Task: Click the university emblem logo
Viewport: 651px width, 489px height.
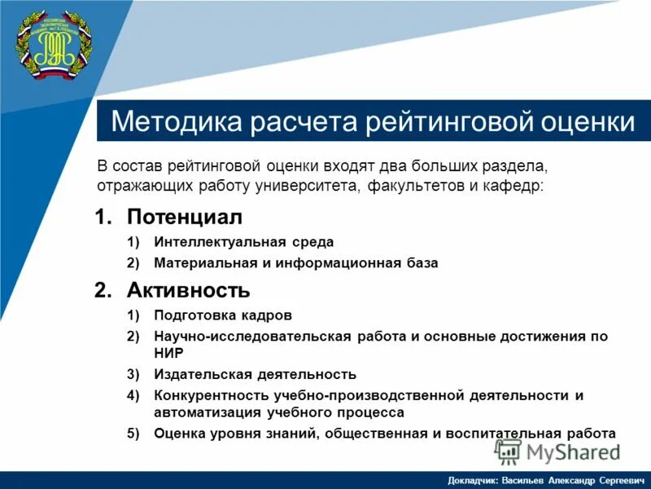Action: click(x=54, y=46)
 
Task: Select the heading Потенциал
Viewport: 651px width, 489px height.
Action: click(x=185, y=218)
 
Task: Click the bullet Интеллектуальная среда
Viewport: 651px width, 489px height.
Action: click(x=243, y=242)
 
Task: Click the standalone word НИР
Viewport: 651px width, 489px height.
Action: click(x=168, y=353)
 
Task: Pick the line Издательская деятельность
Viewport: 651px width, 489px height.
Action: click(x=255, y=374)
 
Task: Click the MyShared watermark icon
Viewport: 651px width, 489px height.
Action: click(x=509, y=451)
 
